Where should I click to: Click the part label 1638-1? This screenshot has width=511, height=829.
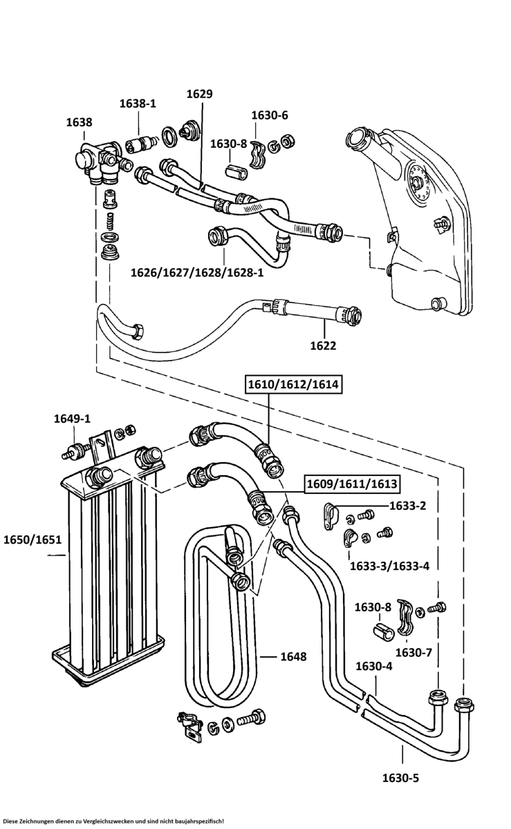click(138, 103)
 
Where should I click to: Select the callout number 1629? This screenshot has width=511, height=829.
click(199, 94)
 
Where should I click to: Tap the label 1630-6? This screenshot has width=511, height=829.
click(270, 115)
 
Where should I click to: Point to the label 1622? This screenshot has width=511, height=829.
click(323, 345)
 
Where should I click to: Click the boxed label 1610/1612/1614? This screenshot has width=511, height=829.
click(292, 384)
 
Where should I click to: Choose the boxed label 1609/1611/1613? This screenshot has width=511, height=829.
click(352, 484)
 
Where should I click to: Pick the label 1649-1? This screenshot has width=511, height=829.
click(72, 419)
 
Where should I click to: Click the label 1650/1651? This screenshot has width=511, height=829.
click(32, 540)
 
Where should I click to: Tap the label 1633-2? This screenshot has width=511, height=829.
click(407, 506)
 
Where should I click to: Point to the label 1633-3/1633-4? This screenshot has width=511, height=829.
click(389, 566)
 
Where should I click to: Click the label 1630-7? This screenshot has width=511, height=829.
click(414, 652)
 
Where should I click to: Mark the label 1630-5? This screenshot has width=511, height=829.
click(400, 779)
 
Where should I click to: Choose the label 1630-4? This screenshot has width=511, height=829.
click(374, 666)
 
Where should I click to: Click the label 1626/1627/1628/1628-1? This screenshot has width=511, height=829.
click(197, 273)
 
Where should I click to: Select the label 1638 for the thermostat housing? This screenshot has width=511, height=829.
click(79, 122)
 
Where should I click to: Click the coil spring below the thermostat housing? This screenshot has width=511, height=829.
click(110, 221)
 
